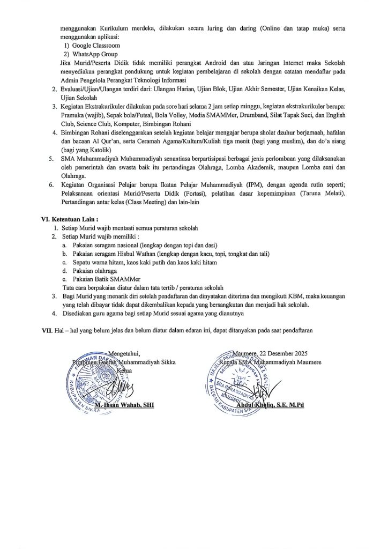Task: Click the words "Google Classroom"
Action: click(92, 46)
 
